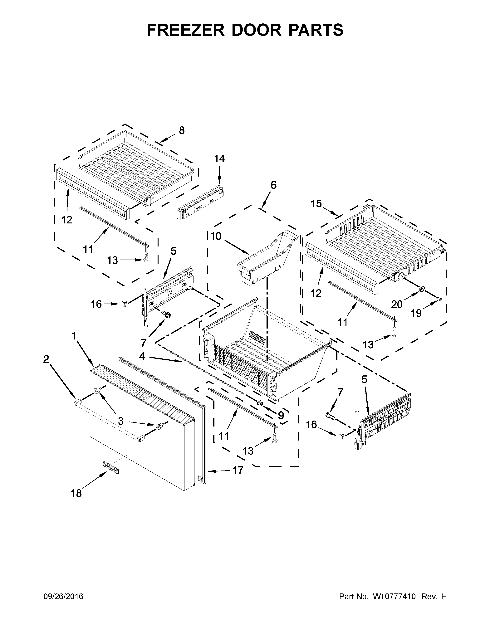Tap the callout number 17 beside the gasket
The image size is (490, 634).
coord(238,470)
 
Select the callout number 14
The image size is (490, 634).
coord(219,159)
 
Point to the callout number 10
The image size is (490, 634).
coord(216,236)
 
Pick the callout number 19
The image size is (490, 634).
coord(416,313)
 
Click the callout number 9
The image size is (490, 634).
coord(281,416)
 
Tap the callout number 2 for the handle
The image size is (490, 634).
coord(46,359)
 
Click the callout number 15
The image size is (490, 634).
coord(316,204)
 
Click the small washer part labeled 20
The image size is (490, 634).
coord(421,288)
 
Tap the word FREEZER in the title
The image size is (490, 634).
coord(186,30)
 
